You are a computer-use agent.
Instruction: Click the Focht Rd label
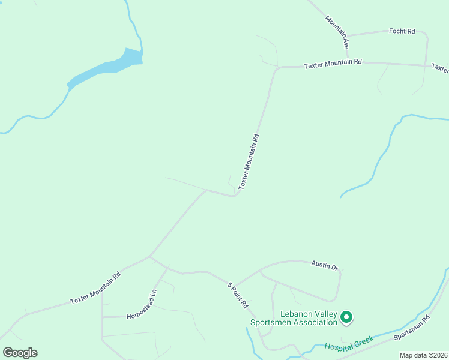[x=402, y=31]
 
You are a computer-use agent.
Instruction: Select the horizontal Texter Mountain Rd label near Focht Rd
[x=333, y=63]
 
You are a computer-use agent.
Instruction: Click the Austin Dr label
[x=325, y=265]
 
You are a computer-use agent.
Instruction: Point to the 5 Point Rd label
[x=238, y=295]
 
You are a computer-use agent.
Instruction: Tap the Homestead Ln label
[x=142, y=305]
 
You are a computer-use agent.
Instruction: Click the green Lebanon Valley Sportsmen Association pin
[x=346, y=316]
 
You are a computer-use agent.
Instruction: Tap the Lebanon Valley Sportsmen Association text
[x=294, y=319]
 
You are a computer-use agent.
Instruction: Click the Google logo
[x=20, y=353]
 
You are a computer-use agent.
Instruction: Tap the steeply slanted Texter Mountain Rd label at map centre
[x=249, y=162]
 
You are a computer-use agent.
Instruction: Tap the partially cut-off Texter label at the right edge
[x=440, y=68]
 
